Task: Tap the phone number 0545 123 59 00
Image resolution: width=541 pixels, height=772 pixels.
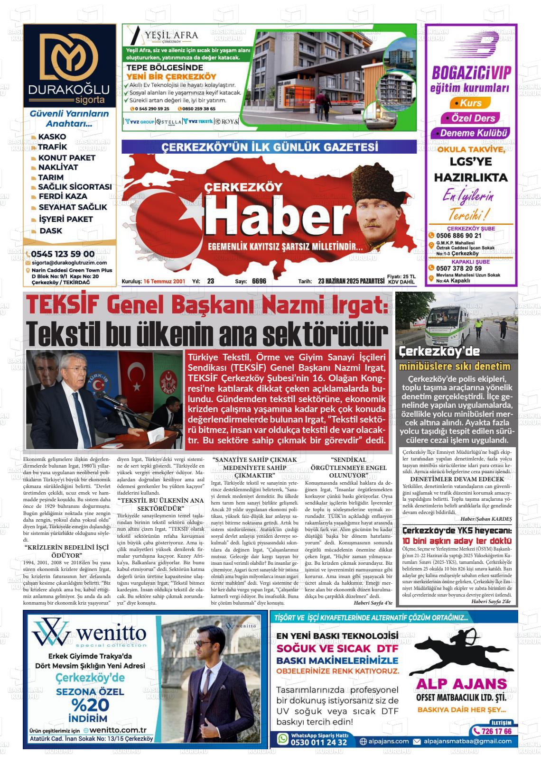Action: [x=63, y=254]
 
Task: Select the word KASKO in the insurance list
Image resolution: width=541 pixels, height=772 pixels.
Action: [x=52, y=137]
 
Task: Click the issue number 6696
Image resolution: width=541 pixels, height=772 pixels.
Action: [x=259, y=281]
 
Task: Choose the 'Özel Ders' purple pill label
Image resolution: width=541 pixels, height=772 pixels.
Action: [x=466, y=118]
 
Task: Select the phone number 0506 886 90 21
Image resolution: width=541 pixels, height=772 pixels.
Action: [x=458, y=236]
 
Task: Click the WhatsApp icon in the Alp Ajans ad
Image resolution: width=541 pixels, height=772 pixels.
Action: [x=283, y=738]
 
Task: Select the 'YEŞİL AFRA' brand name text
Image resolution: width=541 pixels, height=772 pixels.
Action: [x=172, y=35]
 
